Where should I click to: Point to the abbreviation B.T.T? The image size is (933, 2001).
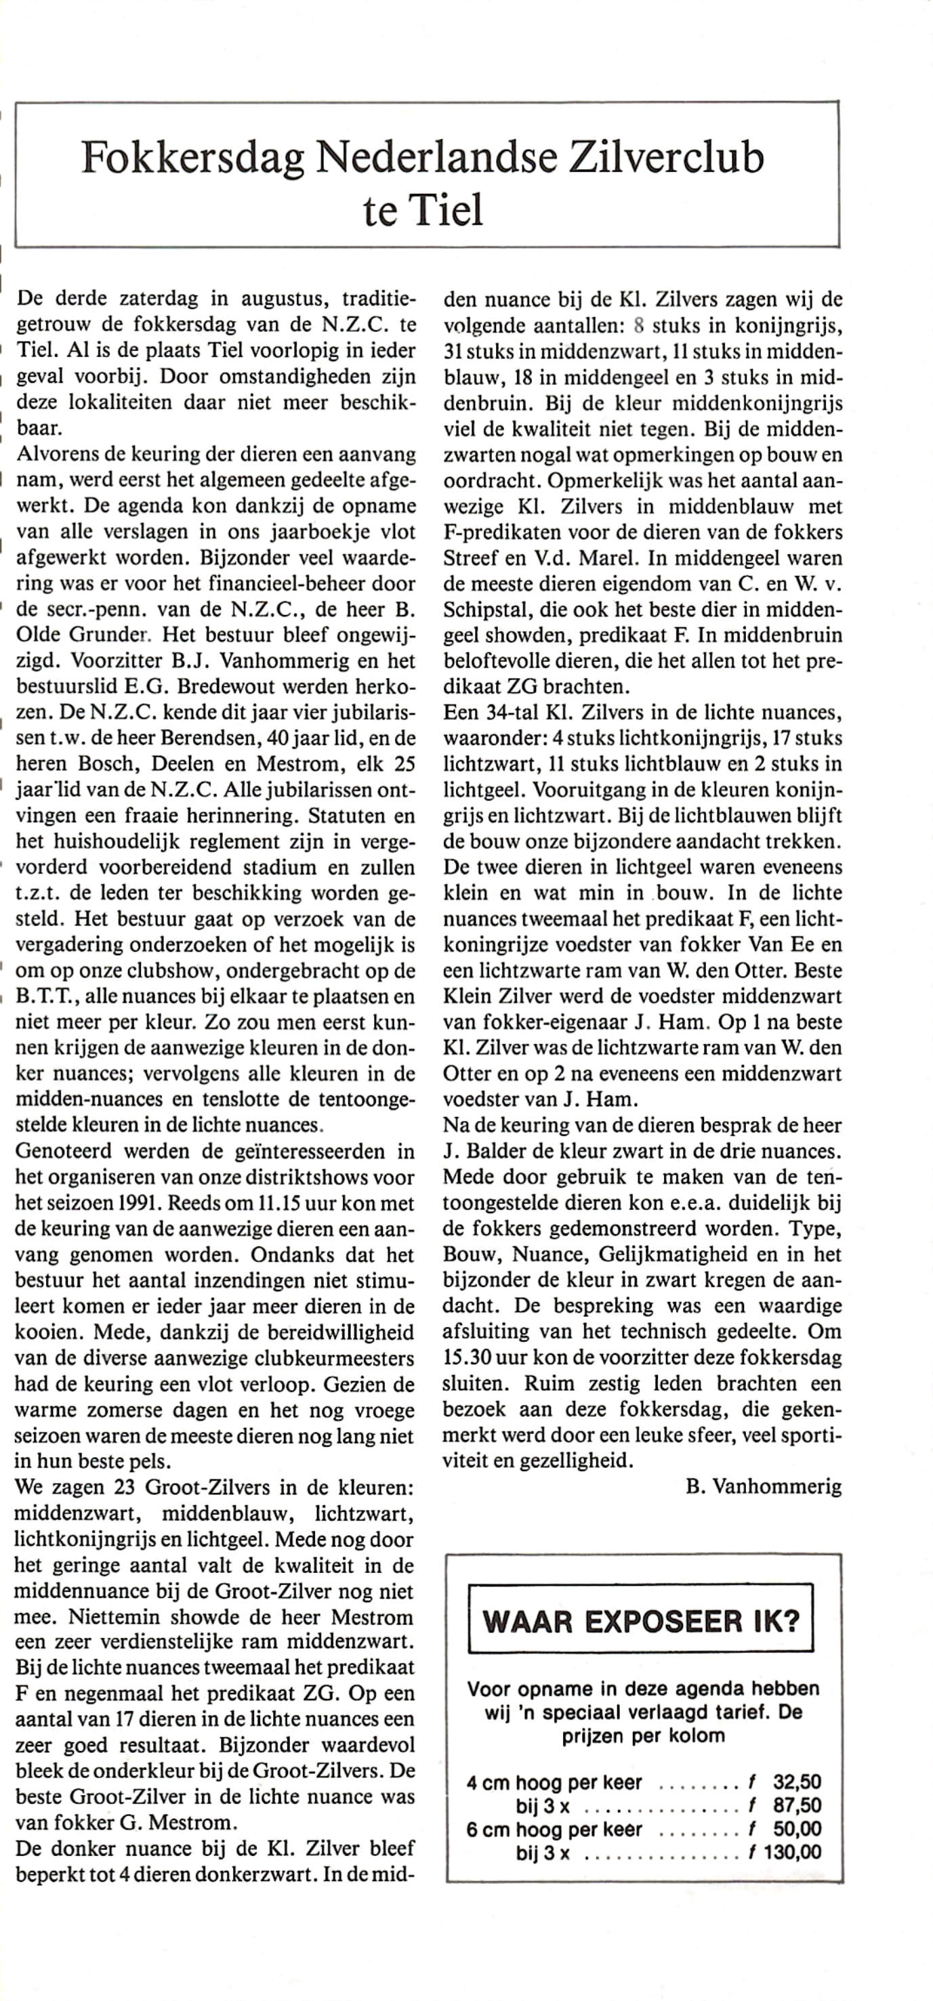tap(45, 996)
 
